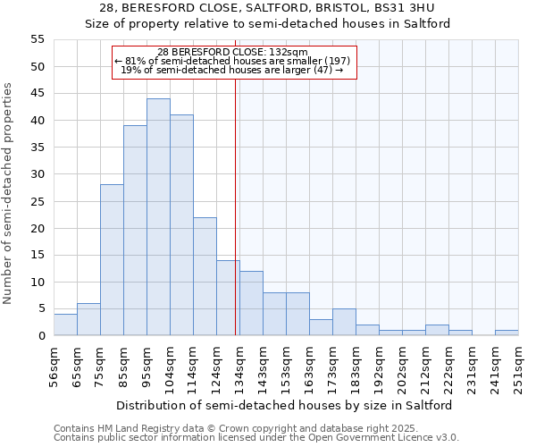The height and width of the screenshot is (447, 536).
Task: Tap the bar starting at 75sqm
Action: coord(112,260)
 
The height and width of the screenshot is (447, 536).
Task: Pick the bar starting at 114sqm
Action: coord(205,276)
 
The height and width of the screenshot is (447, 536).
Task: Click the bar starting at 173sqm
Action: coord(344,322)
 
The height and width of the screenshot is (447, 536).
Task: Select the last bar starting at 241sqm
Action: coord(507,333)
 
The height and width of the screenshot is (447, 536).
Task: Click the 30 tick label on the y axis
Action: coord(37,174)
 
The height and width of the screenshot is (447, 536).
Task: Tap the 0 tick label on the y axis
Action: coord(40,336)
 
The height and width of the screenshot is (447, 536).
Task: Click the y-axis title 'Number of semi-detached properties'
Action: coord(9,193)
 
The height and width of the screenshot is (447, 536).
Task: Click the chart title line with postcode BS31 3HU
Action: coord(268,8)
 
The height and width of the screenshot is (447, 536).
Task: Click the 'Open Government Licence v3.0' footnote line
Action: coord(256,438)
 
